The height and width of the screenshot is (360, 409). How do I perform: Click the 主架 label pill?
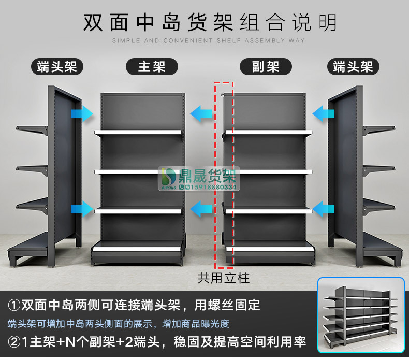pos(152,66)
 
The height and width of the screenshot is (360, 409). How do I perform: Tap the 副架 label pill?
pos(266,66)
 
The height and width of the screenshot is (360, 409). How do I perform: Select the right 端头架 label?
pos(353,66)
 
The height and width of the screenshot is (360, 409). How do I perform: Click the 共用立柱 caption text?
pos(224,278)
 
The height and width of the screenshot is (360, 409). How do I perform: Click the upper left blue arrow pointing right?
pos(82,113)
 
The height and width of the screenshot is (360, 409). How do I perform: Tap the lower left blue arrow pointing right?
pos(82,209)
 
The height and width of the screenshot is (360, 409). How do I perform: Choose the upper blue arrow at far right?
pos(324,112)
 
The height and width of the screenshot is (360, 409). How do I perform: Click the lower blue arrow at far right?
pos(324,209)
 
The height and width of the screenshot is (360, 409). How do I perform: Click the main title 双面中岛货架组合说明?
pos(210,23)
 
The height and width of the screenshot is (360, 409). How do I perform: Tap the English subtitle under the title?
pos(209,40)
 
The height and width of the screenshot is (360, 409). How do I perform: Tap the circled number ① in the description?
pos(14,304)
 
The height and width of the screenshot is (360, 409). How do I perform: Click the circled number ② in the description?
pos(14,342)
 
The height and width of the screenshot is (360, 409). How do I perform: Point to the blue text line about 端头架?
pos(118,324)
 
